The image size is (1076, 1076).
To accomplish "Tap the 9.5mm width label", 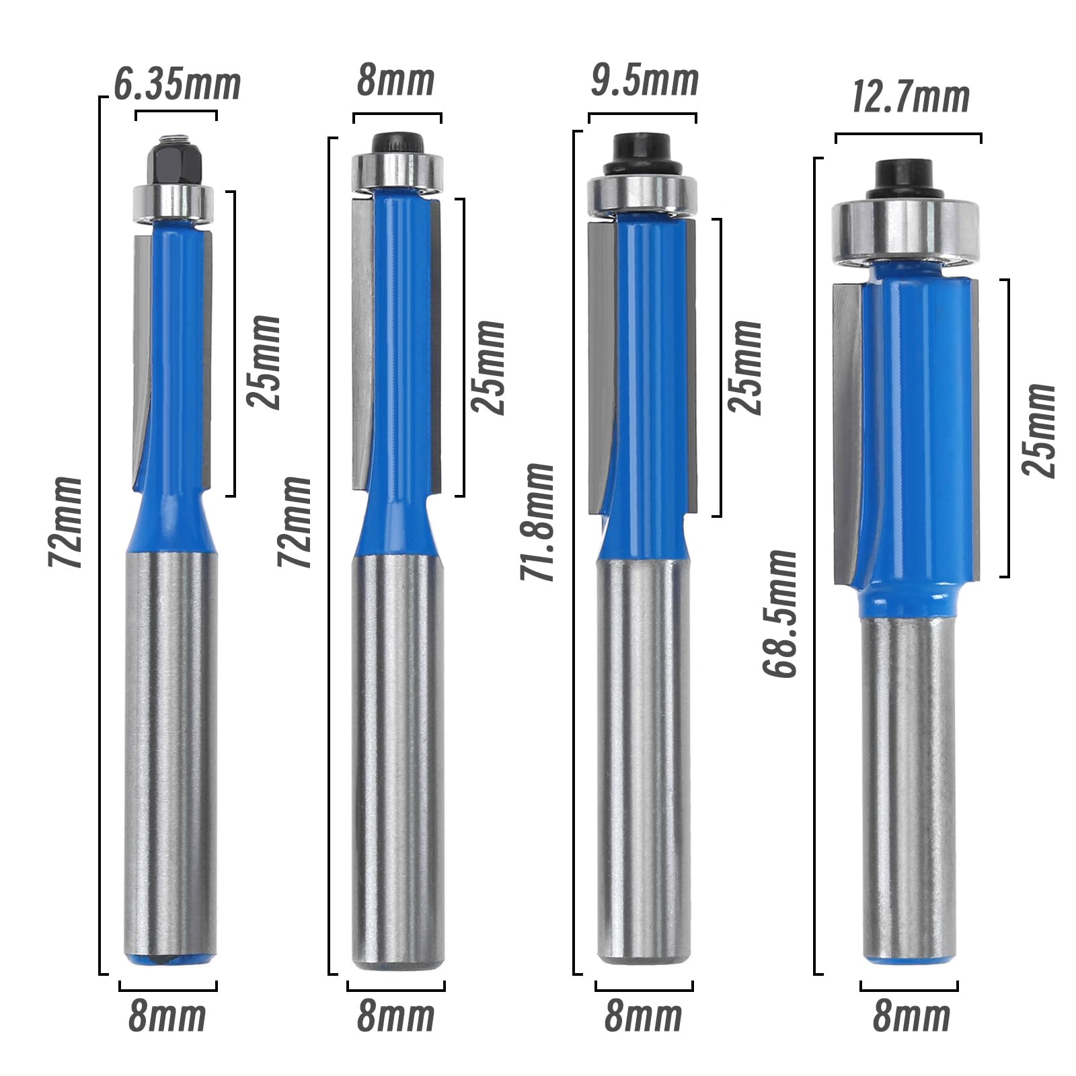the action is pyautogui.click(x=644, y=81).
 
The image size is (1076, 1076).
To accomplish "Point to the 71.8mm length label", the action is pyautogui.click(x=537, y=522).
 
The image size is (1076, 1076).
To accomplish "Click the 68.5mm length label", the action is pyautogui.click(x=779, y=613).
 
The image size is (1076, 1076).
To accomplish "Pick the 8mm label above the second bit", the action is pyautogui.click(x=395, y=81).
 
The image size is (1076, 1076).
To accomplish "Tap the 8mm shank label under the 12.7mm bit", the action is pyautogui.click(x=911, y=1016).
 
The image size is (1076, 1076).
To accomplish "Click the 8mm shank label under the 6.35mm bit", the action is pyautogui.click(x=167, y=1016).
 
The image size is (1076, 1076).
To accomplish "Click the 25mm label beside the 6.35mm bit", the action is pyautogui.click(x=263, y=362).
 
